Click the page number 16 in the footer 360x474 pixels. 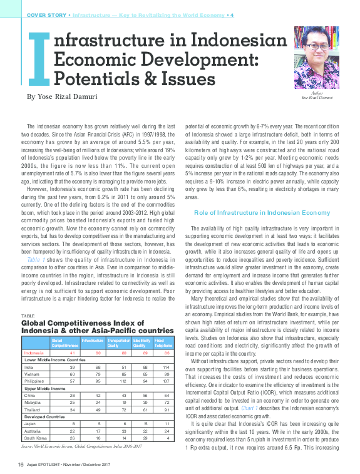click(x=21, y=464)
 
